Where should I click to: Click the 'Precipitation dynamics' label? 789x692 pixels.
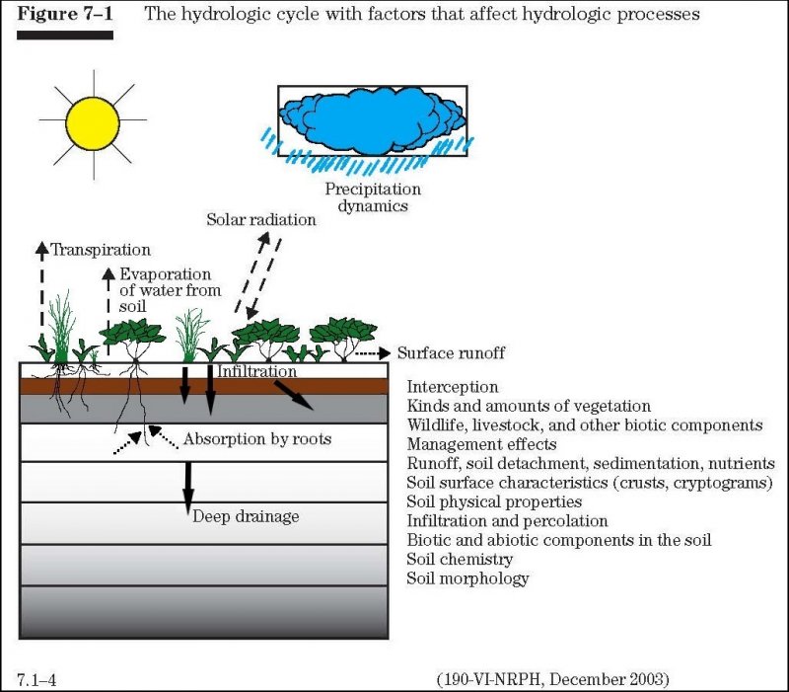(x=372, y=197)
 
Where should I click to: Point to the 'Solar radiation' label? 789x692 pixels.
(x=261, y=219)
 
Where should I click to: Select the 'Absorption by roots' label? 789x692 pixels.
(x=256, y=438)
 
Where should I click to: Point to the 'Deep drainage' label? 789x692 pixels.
(x=245, y=515)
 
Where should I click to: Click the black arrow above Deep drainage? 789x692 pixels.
(x=186, y=485)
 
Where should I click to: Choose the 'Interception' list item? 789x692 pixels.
(x=453, y=387)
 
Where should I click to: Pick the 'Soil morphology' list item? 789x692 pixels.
(x=467, y=577)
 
